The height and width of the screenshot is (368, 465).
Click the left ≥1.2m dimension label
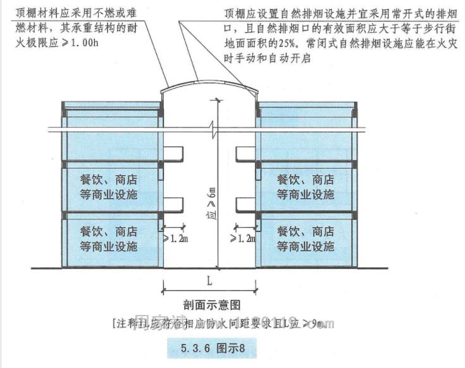174,238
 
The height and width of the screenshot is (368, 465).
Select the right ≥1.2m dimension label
242,238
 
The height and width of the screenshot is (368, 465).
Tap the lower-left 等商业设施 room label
108,247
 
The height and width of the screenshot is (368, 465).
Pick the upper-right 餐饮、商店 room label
306,180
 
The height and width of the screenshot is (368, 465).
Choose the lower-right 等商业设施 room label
306,247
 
